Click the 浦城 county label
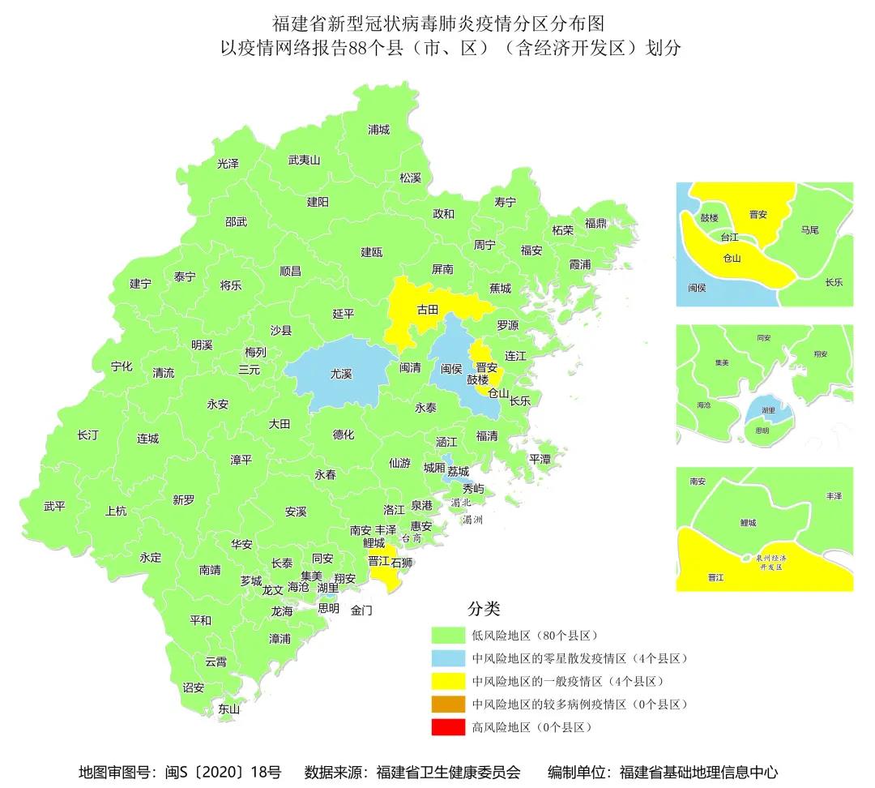point(378,130)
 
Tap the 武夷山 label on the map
point(305,161)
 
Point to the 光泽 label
point(228,163)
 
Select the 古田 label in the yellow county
point(427,310)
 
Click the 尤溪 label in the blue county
point(340,375)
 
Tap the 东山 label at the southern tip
point(229,709)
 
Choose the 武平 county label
point(54,506)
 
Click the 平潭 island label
point(540,459)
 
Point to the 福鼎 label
point(595,223)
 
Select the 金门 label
point(361,610)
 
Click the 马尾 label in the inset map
point(809,230)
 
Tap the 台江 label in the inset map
point(729,238)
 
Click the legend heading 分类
point(484,609)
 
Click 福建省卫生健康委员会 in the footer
point(449,772)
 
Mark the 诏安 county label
point(193,687)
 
